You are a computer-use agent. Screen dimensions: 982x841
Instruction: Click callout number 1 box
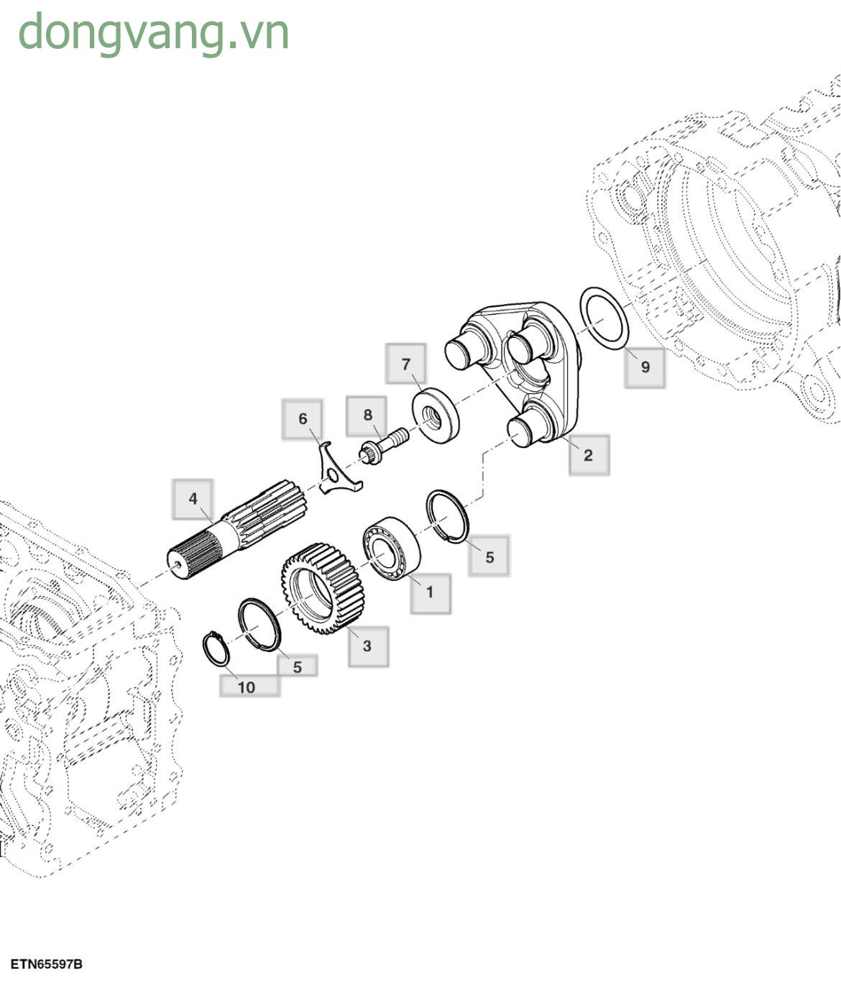tap(430, 593)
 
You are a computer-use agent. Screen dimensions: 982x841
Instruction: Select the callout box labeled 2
tap(589, 455)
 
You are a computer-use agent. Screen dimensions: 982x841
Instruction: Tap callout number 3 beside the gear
tap(368, 646)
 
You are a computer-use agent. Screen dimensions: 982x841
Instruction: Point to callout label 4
tap(193, 499)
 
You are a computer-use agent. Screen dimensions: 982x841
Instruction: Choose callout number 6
tap(303, 419)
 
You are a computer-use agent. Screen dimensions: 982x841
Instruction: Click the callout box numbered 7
tap(406, 364)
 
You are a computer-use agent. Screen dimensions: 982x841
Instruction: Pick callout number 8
tap(368, 415)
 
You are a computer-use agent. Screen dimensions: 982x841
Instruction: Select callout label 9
tap(645, 367)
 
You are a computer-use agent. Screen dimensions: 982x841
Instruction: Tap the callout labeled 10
tap(247, 687)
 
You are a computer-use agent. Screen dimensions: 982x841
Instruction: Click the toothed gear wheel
tap(322, 588)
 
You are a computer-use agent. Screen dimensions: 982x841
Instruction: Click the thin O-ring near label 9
tap(603, 318)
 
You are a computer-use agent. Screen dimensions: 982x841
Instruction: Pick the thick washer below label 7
tap(435, 416)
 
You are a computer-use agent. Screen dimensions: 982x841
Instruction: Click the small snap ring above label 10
tap(216, 648)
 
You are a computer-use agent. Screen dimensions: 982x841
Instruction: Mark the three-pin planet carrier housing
tap(516, 367)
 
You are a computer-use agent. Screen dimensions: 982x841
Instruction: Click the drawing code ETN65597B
tap(46, 964)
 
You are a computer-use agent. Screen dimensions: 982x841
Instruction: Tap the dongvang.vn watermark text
tap(153, 32)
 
